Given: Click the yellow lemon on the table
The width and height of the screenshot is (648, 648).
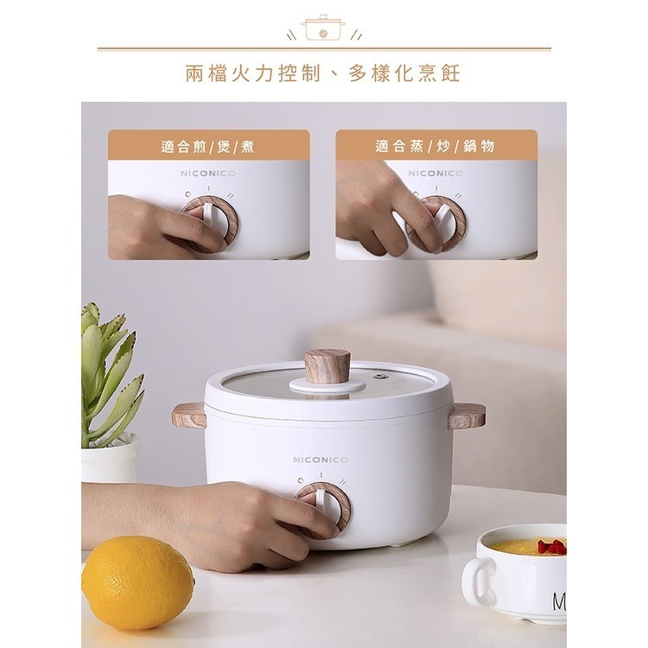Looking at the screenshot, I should point(137,580).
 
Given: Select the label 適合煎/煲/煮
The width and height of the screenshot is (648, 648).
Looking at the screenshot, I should point(207,146).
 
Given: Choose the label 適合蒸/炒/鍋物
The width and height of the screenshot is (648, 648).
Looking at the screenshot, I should point(435,146).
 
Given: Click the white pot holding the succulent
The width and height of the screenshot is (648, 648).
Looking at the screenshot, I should point(111,458).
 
